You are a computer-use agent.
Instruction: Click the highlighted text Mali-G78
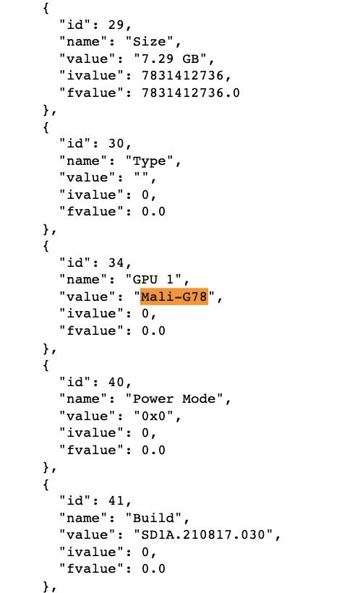click(x=174, y=296)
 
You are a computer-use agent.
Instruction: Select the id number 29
click(x=116, y=25)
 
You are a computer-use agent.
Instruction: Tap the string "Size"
click(x=150, y=41)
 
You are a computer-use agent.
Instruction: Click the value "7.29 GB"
click(x=170, y=59)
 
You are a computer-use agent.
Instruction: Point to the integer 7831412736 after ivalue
click(x=183, y=75)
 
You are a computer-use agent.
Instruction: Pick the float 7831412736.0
click(x=191, y=93)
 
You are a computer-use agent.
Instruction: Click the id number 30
click(x=116, y=143)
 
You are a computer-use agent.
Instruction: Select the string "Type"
click(x=150, y=161)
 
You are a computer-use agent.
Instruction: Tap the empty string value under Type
click(x=142, y=177)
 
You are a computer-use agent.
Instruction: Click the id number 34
click(x=116, y=263)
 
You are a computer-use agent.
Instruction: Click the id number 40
click(x=116, y=382)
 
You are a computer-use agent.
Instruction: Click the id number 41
click(x=116, y=500)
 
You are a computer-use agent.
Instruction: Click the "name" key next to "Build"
click(x=83, y=517)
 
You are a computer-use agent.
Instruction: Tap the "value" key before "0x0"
click(x=87, y=416)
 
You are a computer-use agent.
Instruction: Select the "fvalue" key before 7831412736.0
click(x=91, y=93)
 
